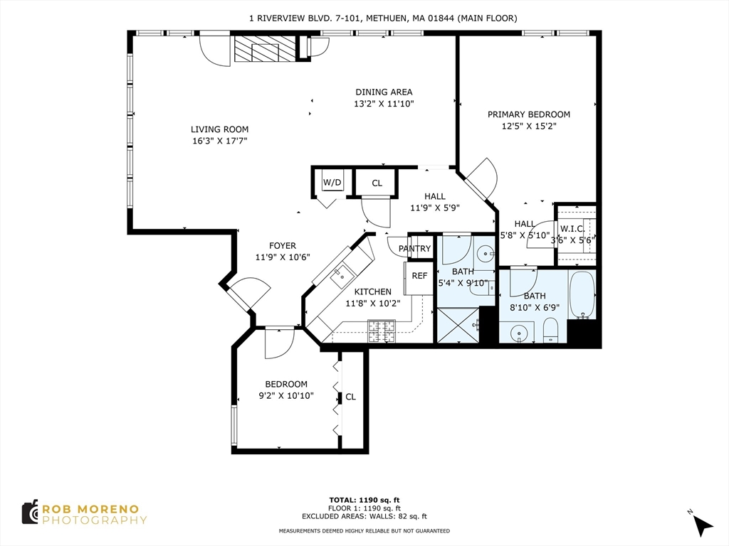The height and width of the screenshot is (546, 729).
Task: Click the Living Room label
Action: pyautogui.click(x=219, y=129)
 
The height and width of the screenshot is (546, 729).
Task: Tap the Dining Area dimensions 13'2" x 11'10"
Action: pyautogui.click(x=384, y=104)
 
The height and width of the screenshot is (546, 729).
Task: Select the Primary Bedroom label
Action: pyautogui.click(x=529, y=114)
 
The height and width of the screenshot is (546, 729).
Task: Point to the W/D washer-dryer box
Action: pyautogui.click(x=332, y=183)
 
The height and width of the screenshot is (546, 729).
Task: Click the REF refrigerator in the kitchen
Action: pyautogui.click(x=419, y=279)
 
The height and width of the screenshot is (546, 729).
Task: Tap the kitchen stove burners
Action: pyautogui.click(x=382, y=331)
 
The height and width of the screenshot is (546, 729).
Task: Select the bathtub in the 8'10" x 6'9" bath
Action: pyautogui.click(x=582, y=294)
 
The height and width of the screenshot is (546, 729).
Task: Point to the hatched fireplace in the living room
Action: pyautogui.click(x=265, y=49)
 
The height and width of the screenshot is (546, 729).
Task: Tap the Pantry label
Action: pyautogui.click(x=415, y=249)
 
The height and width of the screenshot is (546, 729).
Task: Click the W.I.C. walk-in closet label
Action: pyautogui.click(x=572, y=229)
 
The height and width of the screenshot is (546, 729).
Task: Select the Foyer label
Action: pyautogui.click(x=282, y=246)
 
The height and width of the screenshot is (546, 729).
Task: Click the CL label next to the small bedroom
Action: pyautogui.click(x=350, y=397)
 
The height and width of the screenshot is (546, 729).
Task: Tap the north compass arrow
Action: pyautogui.click(x=702, y=524)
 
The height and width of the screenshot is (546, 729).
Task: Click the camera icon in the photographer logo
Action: pyautogui.click(x=30, y=513)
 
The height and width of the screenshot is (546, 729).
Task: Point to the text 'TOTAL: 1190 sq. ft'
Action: pyautogui.click(x=364, y=500)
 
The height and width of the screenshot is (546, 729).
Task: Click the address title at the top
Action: pyautogui.click(x=383, y=18)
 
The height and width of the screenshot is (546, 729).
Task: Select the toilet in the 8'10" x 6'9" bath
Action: pyautogui.click(x=550, y=331)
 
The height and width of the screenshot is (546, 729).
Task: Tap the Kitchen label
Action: pyautogui.click(x=373, y=292)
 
